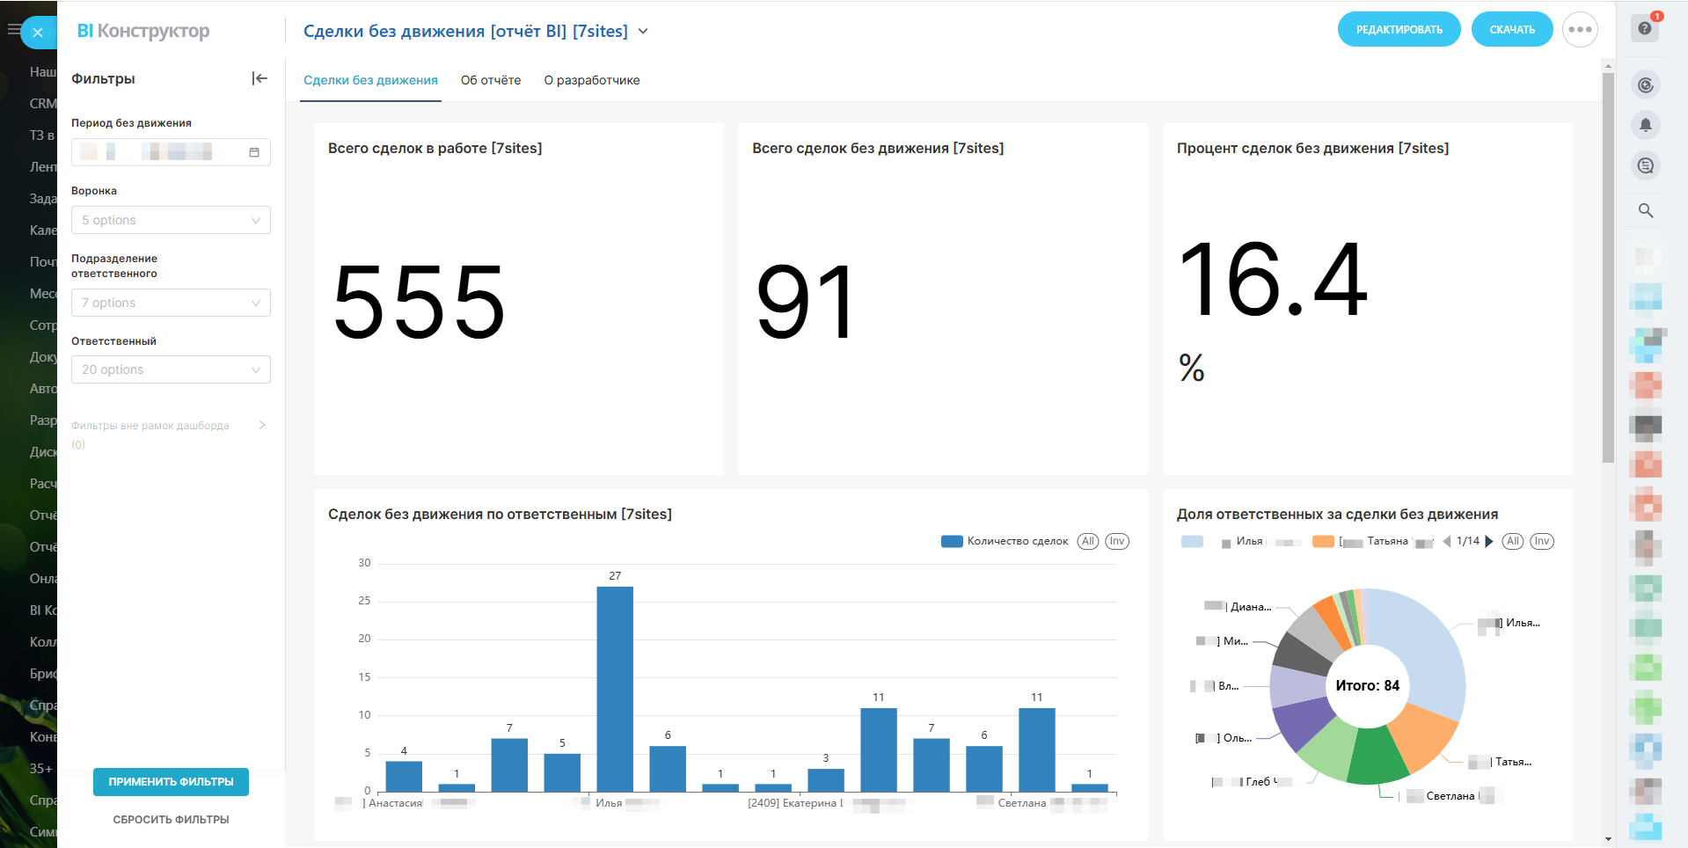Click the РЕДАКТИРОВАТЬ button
pyautogui.click(x=1399, y=30)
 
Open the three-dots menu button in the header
pyautogui.click(x=1580, y=30)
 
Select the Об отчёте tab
pyautogui.click(x=491, y=80)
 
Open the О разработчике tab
pyautogui.click(x=592, y=80)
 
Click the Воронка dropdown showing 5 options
pyautogui.click(x=171, y=220)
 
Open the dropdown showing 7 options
pyautogui.click(x=171, y=303)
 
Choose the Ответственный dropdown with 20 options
pyautogui.click(x=171, y=369)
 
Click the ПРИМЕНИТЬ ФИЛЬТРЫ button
pyautogui.click(x=171, y=781)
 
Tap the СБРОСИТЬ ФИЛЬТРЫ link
pyautogui.click(x=171, y=819)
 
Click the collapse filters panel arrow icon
pyautogui.click(x=259, y=78)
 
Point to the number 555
pyautogui.click(x=419, y=303)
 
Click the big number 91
pyautogui.click(x=805, y=303)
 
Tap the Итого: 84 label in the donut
pyautogui.click(x=1367, y=685)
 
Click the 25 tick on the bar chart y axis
pyautogui.click(x=364, y=601)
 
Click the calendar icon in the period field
pyautogui.click(x=254, y=152)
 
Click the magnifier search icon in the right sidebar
pyautogui.click(x=1645, y=211)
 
